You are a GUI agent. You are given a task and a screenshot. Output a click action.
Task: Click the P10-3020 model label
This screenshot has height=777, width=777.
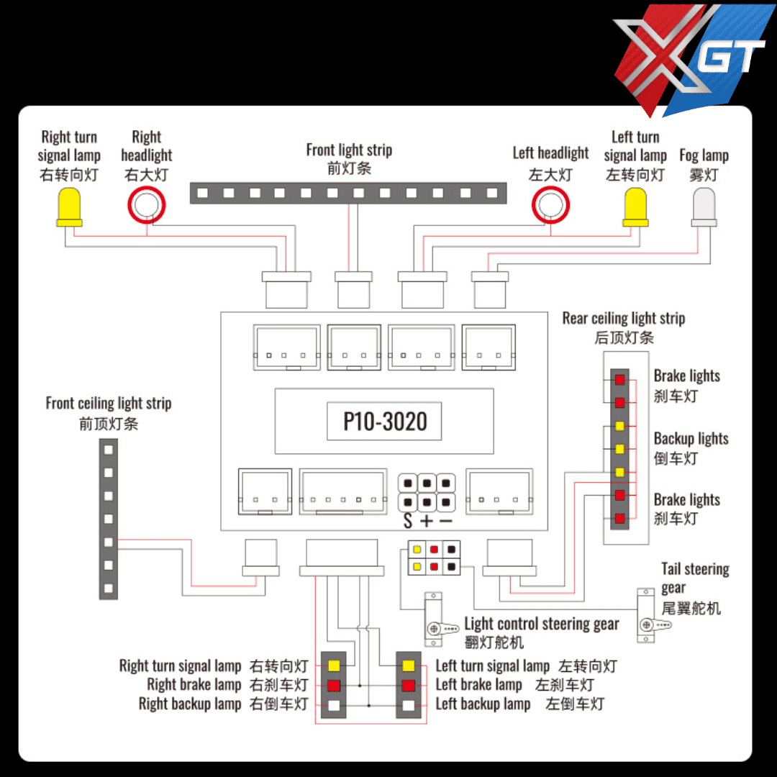click(x=385, y=422)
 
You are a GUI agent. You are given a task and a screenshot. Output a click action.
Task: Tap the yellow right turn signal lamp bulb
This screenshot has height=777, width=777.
click(x=69, y=206)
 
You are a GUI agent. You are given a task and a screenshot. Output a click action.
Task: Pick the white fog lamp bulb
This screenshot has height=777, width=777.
click(x=704, y=206)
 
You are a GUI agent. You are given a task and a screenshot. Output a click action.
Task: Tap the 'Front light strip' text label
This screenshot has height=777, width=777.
click(x=349, y=150)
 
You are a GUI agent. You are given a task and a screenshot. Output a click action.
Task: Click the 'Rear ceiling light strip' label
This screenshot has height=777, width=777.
click(x=623, y=318)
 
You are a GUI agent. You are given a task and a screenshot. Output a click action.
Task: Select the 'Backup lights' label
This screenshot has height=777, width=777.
click(x=691, y=439)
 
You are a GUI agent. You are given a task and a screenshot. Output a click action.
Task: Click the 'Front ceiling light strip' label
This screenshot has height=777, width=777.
click(x=108, y=403)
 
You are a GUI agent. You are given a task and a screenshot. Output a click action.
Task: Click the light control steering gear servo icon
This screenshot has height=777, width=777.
click(x=435, y=618)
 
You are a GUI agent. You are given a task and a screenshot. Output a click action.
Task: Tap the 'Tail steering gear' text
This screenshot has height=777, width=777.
click(x=695, y=570)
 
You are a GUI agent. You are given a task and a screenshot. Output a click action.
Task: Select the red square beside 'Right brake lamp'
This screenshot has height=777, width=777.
click(x=334, y=685)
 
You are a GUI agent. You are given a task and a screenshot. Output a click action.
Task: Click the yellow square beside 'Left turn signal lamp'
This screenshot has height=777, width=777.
click(x=409, y=665)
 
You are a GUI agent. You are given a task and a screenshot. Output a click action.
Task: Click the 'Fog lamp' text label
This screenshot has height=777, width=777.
click(x=704, y=155)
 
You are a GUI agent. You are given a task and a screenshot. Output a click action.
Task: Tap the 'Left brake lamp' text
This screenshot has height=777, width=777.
click(x=478, y=685)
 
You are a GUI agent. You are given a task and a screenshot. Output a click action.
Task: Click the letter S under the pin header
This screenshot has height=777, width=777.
click(x=408, y=522)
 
